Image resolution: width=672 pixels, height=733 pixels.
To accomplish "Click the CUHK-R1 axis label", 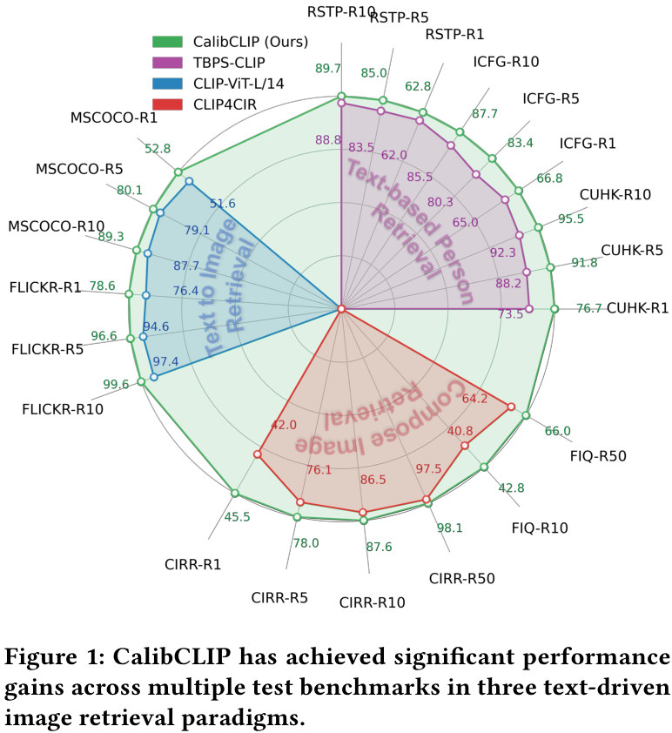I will coord(637,307).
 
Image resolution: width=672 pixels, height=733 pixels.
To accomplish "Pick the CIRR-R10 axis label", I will coord(372,602).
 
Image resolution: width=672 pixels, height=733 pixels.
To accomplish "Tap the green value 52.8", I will coord(158,149).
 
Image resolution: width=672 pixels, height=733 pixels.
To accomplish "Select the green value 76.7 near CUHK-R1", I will coord(588,308).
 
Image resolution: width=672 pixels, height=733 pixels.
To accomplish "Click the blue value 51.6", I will coord(222,204).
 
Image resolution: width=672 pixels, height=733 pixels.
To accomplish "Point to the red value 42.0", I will coord(284,425).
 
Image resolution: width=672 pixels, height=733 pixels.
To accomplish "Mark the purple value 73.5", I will coord(510,314).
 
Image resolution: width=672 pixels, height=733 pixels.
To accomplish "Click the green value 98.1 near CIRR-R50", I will coord(448,528).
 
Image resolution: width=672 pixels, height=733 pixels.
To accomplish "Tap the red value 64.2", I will coord(474,399).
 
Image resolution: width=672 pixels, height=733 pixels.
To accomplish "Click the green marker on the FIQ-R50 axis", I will coord(526,415).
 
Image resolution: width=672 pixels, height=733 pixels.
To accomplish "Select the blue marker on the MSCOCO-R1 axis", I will coord(189,182).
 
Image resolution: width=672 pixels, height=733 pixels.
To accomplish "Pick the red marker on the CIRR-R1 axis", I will coord(258,454).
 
